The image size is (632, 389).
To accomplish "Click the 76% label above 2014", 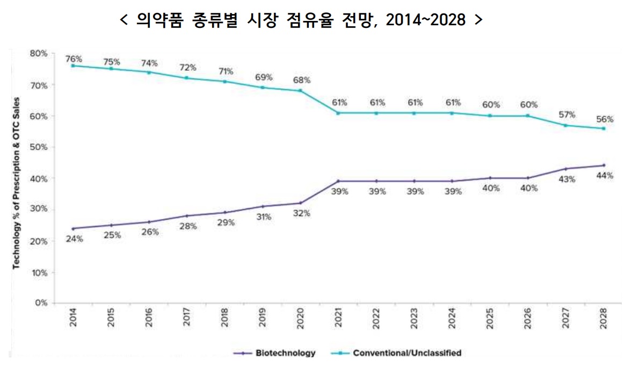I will (x=74, y=58).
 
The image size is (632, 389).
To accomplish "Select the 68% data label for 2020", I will (x=302, y=80).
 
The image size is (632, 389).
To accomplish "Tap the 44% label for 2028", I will (x=604, y=176).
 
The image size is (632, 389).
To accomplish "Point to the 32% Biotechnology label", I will (x=302, y=213).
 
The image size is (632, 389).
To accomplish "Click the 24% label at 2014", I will (x=74, y=239).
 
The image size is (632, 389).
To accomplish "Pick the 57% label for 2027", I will (x=566, y=114).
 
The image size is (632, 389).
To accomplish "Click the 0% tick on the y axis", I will (x=42, y=303).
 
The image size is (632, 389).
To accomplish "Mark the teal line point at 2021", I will (x=338, y=113).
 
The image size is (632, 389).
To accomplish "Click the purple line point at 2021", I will (x=338, y=181).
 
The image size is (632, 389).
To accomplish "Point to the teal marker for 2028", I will (x=604, y=128).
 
